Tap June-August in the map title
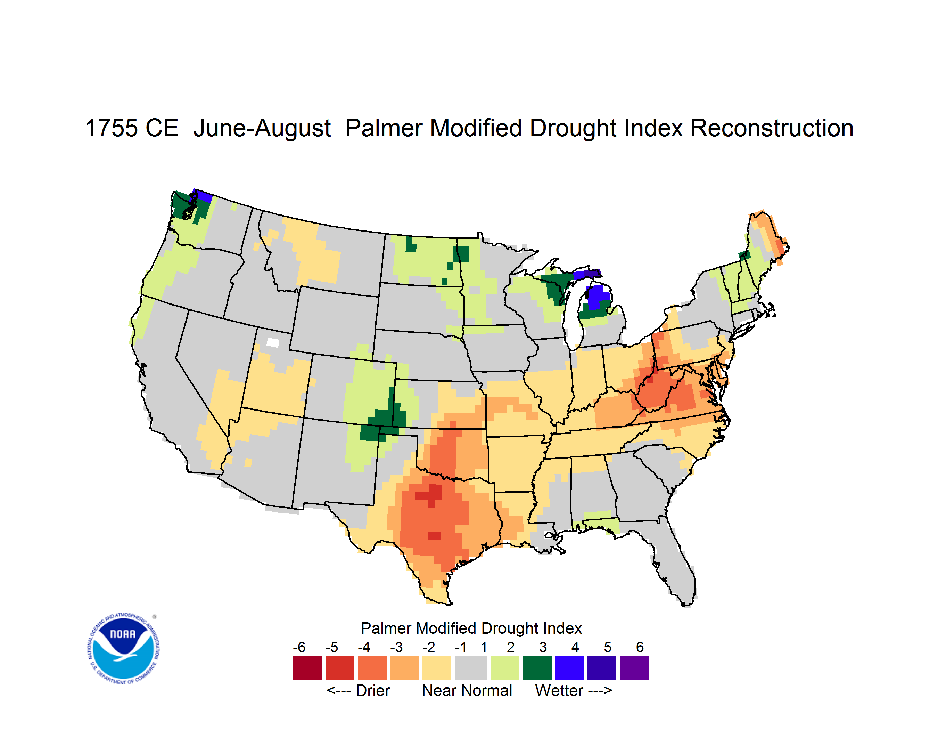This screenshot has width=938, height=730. point(262,129)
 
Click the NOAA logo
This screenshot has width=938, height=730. point(123,649)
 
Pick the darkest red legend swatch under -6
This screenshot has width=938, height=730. point(307,668)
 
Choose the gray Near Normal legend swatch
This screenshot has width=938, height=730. point(471,668)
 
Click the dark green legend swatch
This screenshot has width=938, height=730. point(537,668)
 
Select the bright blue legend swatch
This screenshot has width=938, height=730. point(569,668)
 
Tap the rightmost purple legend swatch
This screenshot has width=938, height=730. point(634,668)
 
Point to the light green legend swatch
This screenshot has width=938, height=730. point(505,668)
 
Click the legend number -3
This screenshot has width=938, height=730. point(396,647)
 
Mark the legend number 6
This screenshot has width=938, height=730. point(640,647)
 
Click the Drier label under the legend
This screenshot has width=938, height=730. point(373,690)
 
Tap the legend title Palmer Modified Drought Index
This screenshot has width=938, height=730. point(471,628)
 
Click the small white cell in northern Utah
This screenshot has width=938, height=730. point(273,342)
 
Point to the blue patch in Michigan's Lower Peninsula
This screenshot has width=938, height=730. point(598,297)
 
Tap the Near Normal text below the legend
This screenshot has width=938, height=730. point(467,690)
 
